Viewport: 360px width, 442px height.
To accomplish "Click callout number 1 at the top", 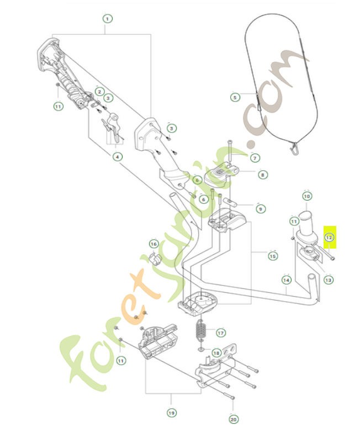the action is pos(107,18).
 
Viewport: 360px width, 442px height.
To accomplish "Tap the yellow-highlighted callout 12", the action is pos(329,238).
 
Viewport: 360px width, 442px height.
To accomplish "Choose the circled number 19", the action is pos(171,413).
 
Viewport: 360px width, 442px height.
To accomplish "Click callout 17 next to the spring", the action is pos(220,333).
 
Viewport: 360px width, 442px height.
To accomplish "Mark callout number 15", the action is pos(273,256).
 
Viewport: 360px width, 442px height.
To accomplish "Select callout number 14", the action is pos(286,280).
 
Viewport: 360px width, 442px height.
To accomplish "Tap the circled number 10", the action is pos(307,196).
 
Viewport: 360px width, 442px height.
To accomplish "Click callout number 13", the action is pos(329,280).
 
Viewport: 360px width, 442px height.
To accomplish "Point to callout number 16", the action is pos(153,244).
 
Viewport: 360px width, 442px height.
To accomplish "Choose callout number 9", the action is pos(260,209).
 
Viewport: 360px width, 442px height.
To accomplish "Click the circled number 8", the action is pos(262,175).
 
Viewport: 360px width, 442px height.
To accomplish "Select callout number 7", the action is pos(255,158).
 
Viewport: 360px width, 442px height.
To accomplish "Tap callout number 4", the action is pos(117,157).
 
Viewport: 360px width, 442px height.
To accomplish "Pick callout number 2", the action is pos(99,91).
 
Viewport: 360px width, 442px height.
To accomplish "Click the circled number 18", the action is pos(216,352).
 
